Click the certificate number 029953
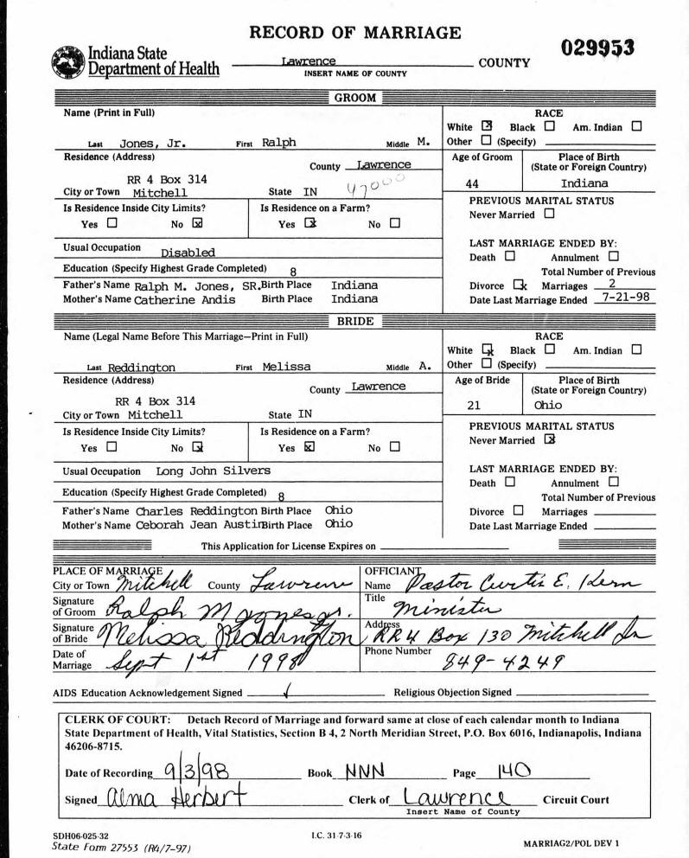coord(598,49)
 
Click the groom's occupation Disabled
coord(188,253)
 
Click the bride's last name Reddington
coord(142,368)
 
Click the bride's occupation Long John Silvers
coord(213,471)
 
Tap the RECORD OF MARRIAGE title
coord(354,34)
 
